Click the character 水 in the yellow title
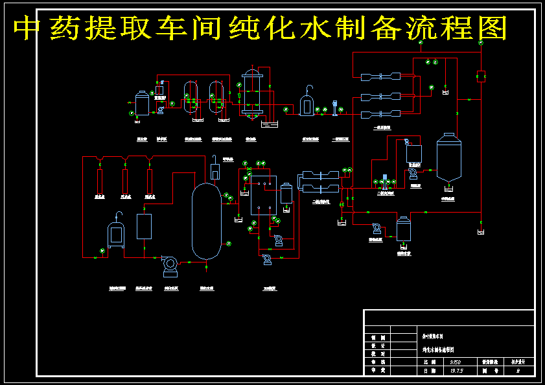tap(321, 29)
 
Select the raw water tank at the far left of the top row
tap(142, 104)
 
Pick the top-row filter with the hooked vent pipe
tap(307, 104)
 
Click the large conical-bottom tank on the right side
tap(448, 157)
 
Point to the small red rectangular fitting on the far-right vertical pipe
tap(481, 76)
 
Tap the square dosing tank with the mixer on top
tap(413, 153)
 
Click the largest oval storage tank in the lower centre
tap(206, 220)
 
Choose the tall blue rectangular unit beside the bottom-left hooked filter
tap(144, 226)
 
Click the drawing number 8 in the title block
tap(516, 371)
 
